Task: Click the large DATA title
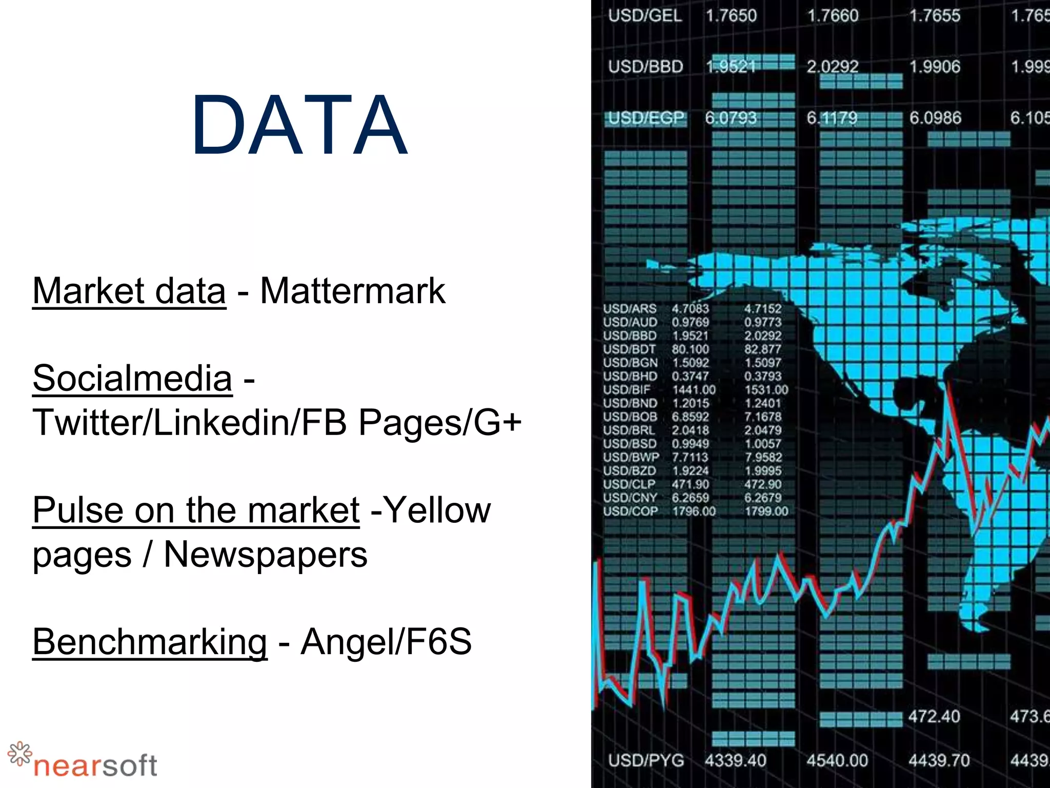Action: tap(299, 125)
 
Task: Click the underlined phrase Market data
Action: tap(129, 291)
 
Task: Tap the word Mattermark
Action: tap(353, 291)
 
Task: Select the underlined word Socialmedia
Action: tap(132, 378)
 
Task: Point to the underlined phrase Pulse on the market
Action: tap(196, 510)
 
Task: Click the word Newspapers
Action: tap(265, 555)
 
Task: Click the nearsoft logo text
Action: tap(95, 766)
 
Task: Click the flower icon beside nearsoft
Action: tap(20, 754)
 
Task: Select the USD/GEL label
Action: tap(645, 16)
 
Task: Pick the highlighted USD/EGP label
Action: tap(646, 119)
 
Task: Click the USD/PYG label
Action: tap(646, 760)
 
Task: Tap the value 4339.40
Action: tap(735, 760)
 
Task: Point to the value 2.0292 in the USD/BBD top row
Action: tap(833, 67)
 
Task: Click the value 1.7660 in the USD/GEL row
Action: tap(833, 16)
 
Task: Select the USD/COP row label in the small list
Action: tap(630, 511)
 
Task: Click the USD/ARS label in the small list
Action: tap(630, 309)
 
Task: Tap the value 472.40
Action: tap(934, 716)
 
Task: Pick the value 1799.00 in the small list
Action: tap(766, 511)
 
